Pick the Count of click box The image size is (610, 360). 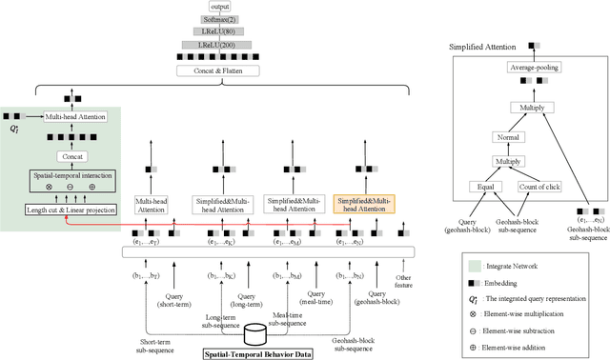(x=537, y=187)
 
